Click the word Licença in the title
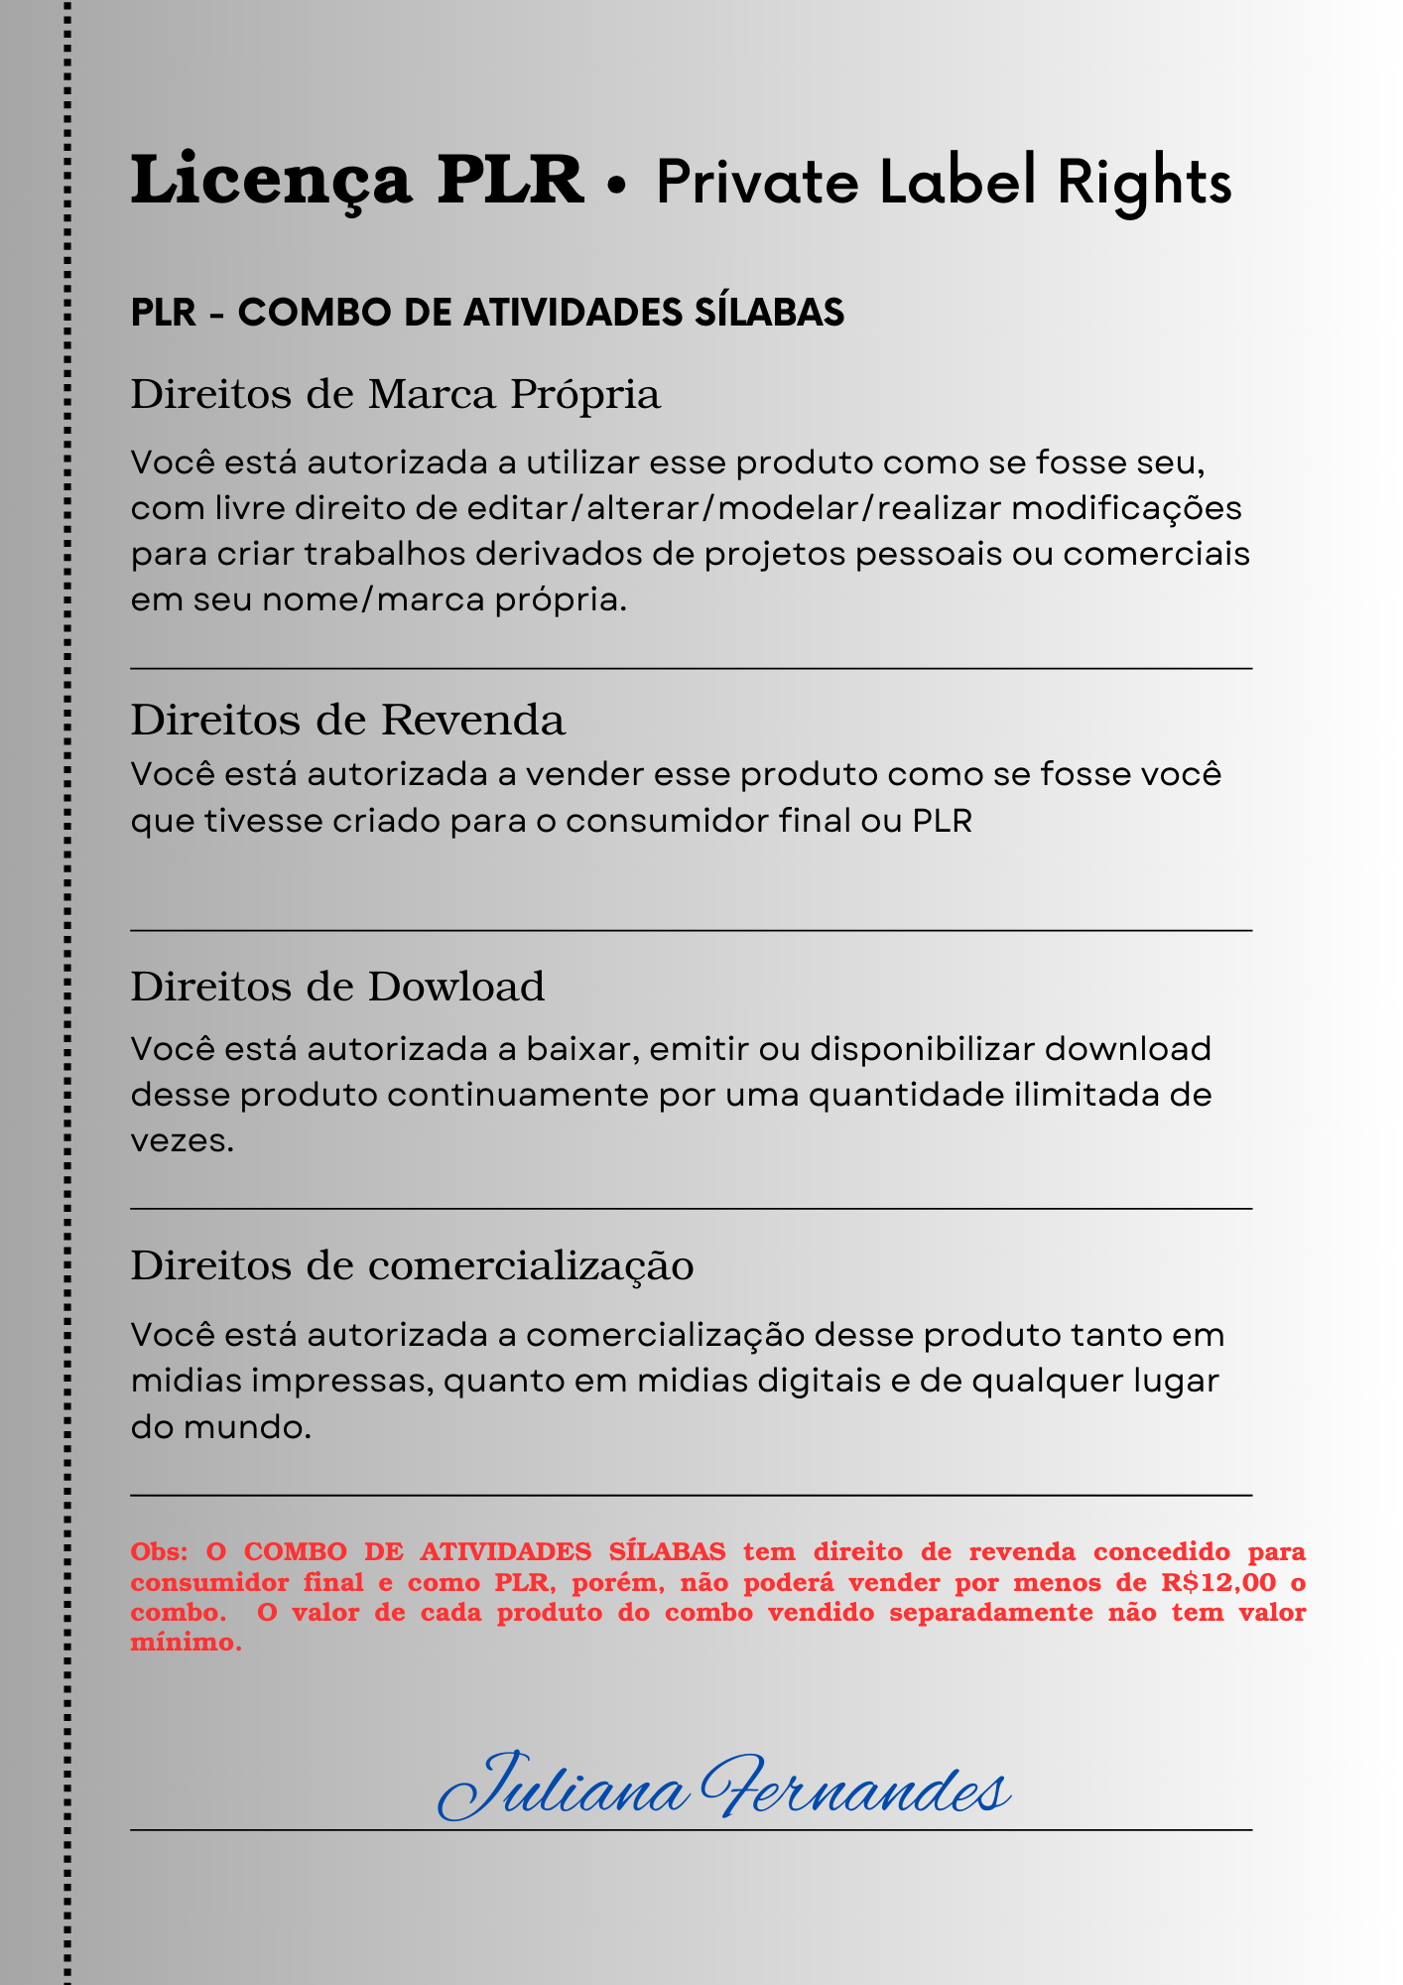(271, 182)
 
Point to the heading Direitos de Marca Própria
(395, 394)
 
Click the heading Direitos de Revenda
(347, 720)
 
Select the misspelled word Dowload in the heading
(456, 987)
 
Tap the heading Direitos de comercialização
(412, 1265)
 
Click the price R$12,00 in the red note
(1218, 1582)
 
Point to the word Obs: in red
(159, 1551)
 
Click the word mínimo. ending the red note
(186, 1643)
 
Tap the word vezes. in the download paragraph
(183, 1141)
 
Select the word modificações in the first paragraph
(1126, 508)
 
